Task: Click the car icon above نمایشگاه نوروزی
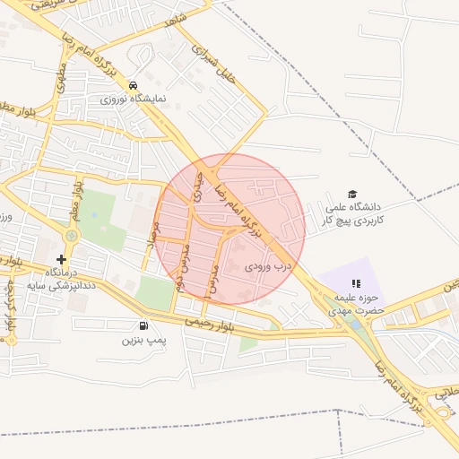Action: (x=134, y=85)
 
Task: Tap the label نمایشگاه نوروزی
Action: (x=133, y=99)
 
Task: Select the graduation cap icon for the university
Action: (x=352, y=195)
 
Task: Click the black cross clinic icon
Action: (x=61, y=259)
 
